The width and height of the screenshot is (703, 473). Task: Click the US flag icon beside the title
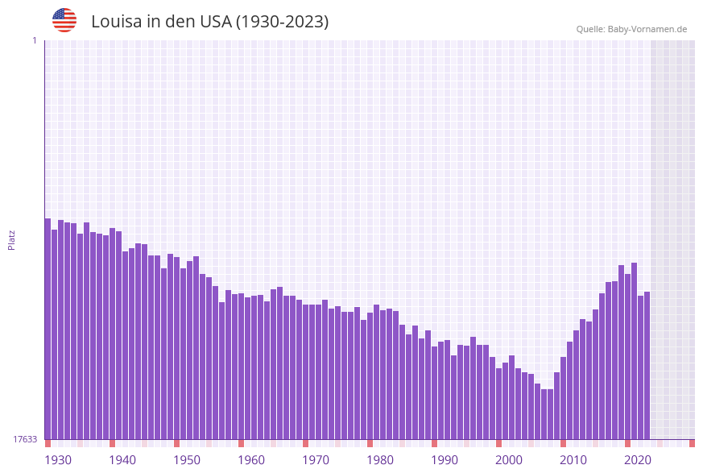coord(64,20)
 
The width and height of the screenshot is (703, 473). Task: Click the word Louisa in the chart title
coord(116,22)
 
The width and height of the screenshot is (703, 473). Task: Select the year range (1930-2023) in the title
coord(282,22)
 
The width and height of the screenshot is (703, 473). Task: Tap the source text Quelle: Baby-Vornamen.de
coord(631,29)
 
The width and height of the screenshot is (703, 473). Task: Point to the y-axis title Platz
coord(12,239)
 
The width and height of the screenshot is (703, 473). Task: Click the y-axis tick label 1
coord(34,40)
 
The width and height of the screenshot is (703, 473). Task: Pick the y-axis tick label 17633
coord(25,439)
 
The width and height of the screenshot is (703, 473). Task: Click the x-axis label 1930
coord(58,460)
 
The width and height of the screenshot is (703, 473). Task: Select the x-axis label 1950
coord(187,460)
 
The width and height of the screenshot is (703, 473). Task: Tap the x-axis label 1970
coord(316,460)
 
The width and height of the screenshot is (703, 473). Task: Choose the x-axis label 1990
coord(445,460)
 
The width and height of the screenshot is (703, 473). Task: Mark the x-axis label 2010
coord(573,460)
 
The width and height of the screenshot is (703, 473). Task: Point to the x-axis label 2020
coord(638,460)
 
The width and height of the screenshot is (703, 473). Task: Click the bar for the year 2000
coord(498,403)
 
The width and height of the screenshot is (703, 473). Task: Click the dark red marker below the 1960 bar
coord(241,443)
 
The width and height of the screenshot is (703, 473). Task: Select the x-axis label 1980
coord(380,460)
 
